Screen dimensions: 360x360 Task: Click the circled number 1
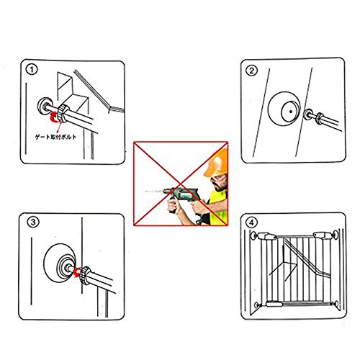tap(32, 70)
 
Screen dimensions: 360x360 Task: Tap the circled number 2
tap(251, 71)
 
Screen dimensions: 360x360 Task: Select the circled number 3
tap(33, 222)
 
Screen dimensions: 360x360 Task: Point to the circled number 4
tap(251, 222)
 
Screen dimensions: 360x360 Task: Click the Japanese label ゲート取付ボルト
tap(55, 137)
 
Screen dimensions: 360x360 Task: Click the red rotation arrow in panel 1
tap(54, 117)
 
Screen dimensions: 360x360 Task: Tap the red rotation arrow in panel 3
tap(77, 273)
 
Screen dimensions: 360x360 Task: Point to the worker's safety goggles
tap(218, 179)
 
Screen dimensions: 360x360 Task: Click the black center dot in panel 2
tap(291, 112)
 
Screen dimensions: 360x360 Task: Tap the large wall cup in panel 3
tap(59, 263)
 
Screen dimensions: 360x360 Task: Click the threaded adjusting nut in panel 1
tap(63, 113)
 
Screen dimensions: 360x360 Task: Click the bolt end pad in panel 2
tap(308, 114)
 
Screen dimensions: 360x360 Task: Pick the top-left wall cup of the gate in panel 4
tap(253, 235)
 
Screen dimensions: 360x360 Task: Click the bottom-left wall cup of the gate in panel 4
tap(257, 305)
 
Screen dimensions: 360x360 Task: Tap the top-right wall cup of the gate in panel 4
tap(336, 235)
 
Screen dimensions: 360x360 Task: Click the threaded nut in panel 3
tap(86, 275)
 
